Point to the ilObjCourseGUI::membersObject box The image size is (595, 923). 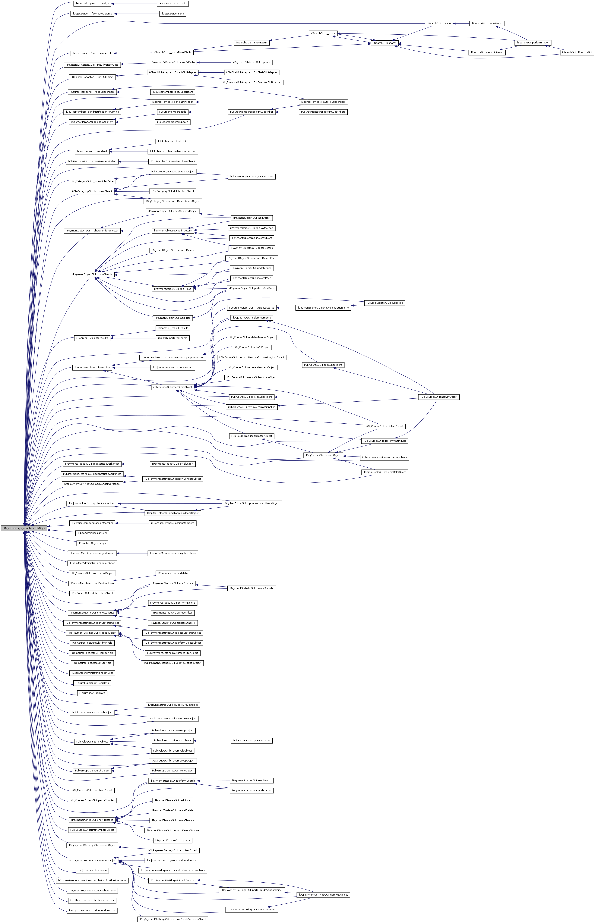172,387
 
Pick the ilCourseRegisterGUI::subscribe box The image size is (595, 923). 385,303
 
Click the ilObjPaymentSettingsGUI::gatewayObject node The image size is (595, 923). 323,895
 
